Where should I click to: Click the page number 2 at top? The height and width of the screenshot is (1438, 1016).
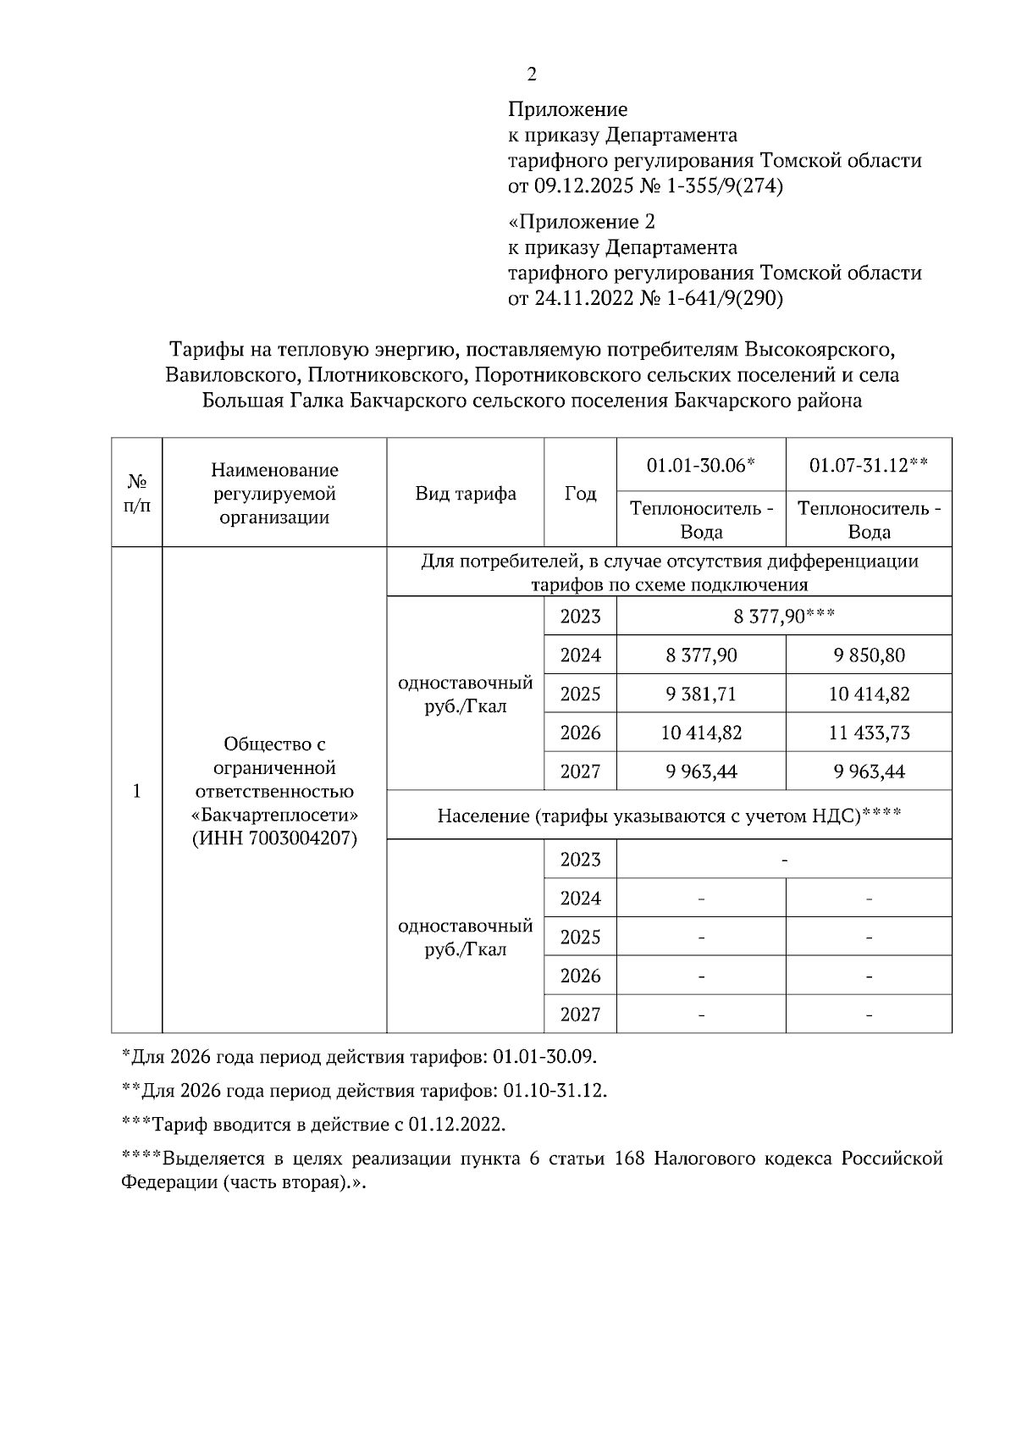[x=532, y=75]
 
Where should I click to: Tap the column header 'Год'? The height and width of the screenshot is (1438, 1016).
[x=580, y=493]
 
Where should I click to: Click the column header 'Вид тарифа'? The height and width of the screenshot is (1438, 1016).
[x=466, y=493]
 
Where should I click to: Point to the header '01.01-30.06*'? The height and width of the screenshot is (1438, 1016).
[x=700, y=465]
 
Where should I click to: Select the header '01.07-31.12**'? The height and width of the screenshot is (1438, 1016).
[x=868, y=465]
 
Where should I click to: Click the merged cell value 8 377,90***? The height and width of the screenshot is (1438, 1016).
[x=784, y=617]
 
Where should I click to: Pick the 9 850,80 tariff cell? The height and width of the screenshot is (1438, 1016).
[x=869, y=655]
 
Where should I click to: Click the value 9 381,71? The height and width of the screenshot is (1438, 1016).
[x=701, y=694]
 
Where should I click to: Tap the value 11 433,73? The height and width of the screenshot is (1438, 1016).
[x=869, y=733]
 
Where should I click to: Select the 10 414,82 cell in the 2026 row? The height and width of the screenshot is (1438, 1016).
[x=701, y=733]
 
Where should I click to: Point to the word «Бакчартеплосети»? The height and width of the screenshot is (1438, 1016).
[x=274, y=815]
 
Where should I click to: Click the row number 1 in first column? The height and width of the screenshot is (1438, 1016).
[x=136, y=791]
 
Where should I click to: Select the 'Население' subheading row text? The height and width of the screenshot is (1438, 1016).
[x=669, y=816]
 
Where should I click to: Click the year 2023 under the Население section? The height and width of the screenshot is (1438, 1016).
[x=580, y=860]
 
